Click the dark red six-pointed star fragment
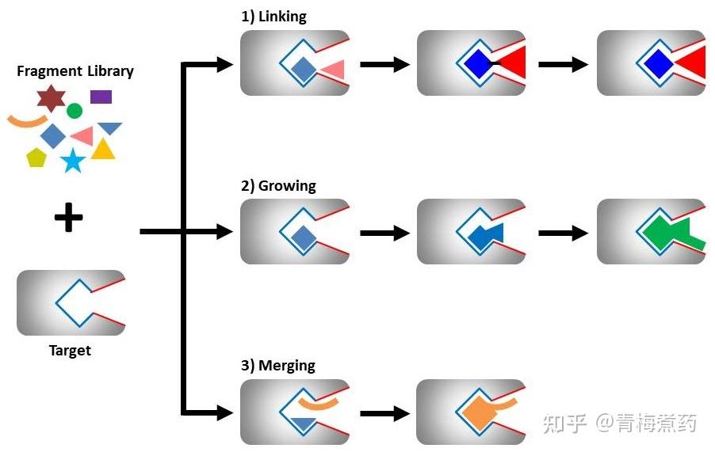tap(51, 98)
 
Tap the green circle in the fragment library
tap(75, 111)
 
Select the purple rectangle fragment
tap(101, 97)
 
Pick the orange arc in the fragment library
tap(26, 121)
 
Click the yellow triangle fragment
tap(103, 150)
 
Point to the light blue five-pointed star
tap(73, 161)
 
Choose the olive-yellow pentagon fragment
tap(36, 158)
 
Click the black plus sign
tap(68, 218)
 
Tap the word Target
tap(70, 351)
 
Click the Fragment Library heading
tap(75, 71)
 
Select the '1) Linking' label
tap(273, 17)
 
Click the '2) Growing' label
tap(278, 186)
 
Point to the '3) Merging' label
tap(277, 366)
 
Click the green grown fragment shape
tap(669, 233)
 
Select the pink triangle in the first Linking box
tap(334, 70)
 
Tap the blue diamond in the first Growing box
tap(303, 236)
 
